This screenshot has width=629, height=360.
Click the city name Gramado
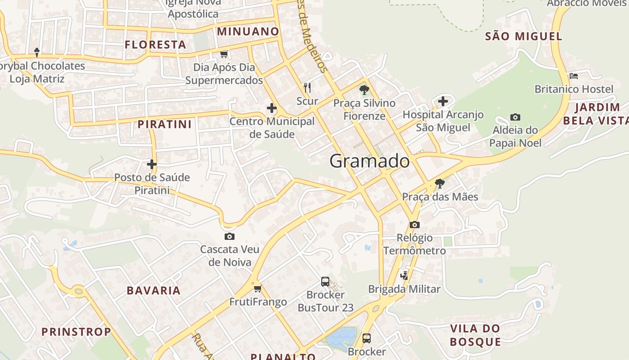pos(369,161)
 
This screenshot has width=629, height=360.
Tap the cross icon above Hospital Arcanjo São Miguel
pos(443,101)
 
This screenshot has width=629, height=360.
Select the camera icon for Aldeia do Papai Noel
pos(515,117)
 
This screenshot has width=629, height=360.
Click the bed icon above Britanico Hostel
pos(573,76)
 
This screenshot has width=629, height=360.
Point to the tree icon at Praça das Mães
pos(440,183)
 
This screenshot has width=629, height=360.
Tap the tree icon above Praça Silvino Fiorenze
pos(364,90)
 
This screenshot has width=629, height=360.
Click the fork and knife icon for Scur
pos(307,87)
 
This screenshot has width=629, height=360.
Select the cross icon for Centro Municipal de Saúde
pos(271,108)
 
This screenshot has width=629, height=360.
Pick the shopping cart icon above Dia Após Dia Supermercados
pos(224,54)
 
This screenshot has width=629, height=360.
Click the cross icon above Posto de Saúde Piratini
pos(152,164)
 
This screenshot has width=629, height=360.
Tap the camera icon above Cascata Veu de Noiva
pos(229,236)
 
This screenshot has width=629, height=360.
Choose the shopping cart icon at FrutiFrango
pos(257,288)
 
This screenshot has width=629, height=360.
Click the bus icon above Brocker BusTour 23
pos(325,282)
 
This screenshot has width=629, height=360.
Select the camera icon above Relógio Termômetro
pos(414,225)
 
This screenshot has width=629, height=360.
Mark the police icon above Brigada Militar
pos(404,275)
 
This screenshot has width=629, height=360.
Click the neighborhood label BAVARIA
pos(154,291)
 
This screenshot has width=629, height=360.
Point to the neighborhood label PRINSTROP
pos(76,332)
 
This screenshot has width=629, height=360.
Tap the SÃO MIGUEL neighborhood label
pos(523,36)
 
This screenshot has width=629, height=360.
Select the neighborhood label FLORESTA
pos(155,45)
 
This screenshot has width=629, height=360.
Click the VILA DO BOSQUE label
pos(475,335)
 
